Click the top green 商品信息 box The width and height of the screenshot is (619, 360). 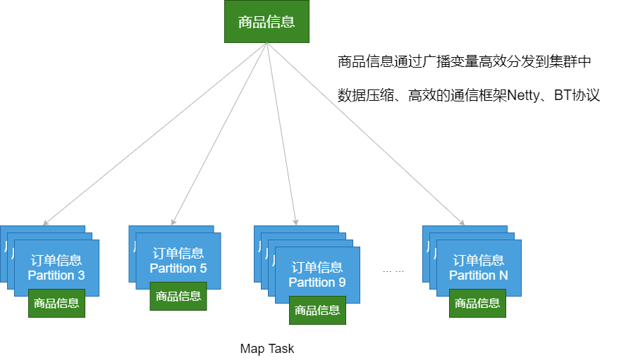[x=266, y=21]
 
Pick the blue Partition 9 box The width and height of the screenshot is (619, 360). [x=317, y=274]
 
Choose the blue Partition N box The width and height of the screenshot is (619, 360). [x=479, y=267]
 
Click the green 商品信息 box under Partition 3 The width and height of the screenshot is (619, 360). [x=56, y=303]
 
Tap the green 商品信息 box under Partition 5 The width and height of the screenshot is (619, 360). [x=178, y=296]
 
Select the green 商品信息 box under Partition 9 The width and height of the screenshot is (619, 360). [x=317, y=310]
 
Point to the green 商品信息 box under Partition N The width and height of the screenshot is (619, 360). [x=478, y=303]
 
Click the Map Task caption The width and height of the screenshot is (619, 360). [x=266, y=349]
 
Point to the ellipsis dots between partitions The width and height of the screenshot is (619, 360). [x=393, y=271]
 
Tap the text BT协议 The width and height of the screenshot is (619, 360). [x=577, y=95]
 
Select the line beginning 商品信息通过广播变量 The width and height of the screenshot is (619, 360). [x=464, y=62]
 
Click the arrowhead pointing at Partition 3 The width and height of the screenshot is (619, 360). [x=44, y=223]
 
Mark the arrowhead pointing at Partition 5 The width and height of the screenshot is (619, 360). [x=173, y=222]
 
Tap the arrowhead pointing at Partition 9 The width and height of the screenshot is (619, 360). [x=296, y=222]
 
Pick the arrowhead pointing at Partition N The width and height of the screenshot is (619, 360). [x=463, y=222]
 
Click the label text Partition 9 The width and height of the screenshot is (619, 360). [x=317, y=282]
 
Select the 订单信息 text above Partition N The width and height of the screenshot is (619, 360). [x=479, y=260]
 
